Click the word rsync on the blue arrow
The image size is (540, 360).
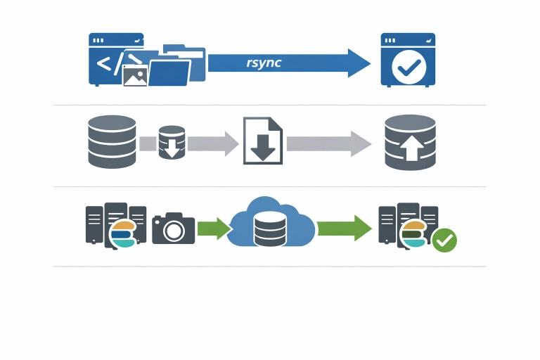coord(264,63)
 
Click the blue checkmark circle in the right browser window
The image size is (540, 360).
coord(408,67)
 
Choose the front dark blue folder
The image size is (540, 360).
coord(169,72)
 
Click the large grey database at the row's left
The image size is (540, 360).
coord(110,141)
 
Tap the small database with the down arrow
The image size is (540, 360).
coord(172,143)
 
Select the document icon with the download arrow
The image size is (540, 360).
coord(262,141)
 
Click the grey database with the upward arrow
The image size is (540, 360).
coord(411,142)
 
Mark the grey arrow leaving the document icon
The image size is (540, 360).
coord(328,143)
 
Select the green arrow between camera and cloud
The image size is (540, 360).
coord(213,229)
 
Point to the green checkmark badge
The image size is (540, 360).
coord(444,240)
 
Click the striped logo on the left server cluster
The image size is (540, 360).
coord(122,235)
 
